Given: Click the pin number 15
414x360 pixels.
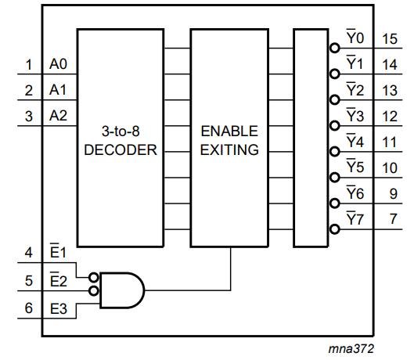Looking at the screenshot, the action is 390,39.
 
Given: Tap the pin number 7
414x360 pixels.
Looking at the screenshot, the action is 394,219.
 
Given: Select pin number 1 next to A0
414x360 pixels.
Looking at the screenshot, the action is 29,65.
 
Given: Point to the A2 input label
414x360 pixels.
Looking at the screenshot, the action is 58,116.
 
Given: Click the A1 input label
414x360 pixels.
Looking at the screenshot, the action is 58,90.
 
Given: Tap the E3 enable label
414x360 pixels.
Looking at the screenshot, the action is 59,309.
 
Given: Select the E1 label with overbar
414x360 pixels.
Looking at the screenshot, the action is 58,250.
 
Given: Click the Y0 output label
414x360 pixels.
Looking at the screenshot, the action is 355,37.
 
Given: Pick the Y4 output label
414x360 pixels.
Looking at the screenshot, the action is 355,140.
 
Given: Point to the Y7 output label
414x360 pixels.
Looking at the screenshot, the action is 355,218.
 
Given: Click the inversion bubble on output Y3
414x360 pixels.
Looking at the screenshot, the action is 334,125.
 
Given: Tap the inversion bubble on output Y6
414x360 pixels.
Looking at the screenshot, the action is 334,203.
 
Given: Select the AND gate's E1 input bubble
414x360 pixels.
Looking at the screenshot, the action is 94,278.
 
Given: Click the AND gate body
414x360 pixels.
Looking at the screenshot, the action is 122,290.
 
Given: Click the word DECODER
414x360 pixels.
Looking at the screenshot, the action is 121,149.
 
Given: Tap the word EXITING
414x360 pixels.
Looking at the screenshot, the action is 229,149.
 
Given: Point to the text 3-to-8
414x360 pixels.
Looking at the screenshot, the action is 121,131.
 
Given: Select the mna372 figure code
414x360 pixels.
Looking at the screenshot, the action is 351,348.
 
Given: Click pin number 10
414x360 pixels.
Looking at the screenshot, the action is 390,167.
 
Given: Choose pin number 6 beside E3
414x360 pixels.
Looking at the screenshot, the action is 28,308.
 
